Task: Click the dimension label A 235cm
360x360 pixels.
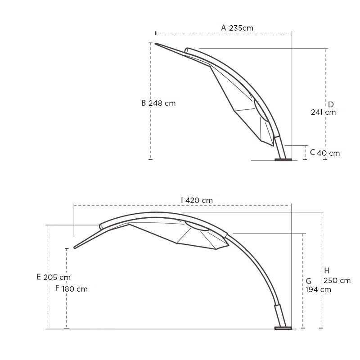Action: (x=237, y=28)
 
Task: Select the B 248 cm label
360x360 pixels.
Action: (x=158, y=103)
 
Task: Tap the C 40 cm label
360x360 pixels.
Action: (x=325, y=153)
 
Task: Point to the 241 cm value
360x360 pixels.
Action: (x=323, y=112)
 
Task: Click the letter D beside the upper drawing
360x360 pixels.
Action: (x=331, y=104)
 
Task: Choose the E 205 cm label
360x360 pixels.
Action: (x=54, y=277)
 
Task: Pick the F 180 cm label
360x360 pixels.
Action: (x=72, y=288)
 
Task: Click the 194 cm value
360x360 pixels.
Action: (x=318, y=289)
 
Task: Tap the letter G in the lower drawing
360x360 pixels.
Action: (x=309, y=281)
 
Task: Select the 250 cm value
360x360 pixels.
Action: (x=337, y=280)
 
